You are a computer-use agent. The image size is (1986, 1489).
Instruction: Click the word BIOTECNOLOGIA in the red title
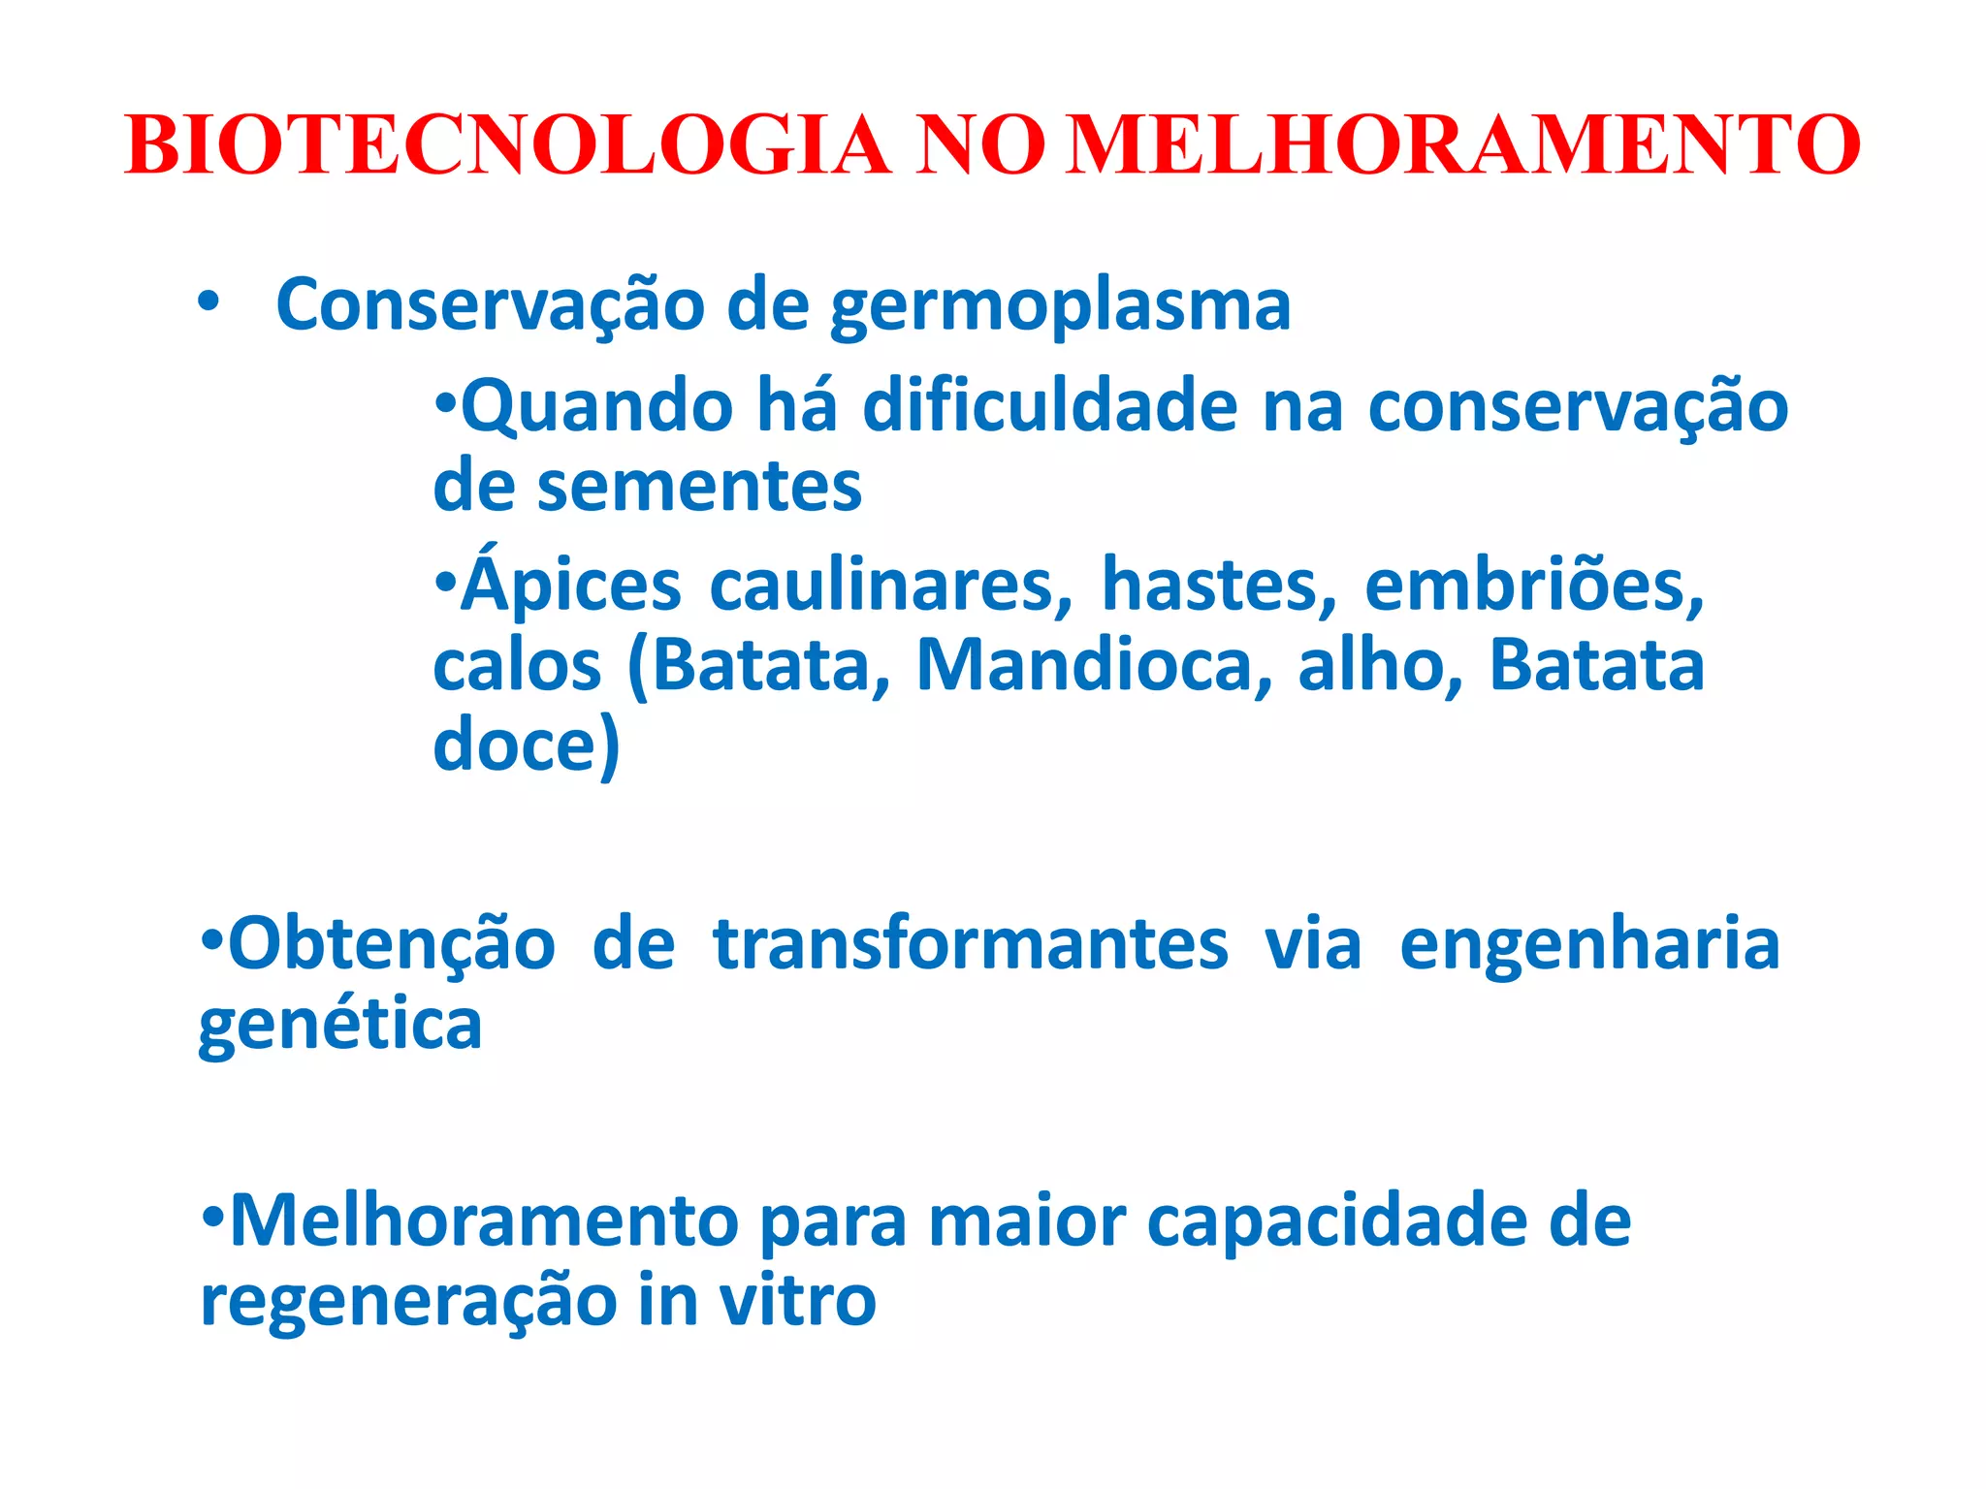point(507,145)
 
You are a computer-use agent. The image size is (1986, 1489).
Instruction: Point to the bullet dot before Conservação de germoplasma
point(208,303)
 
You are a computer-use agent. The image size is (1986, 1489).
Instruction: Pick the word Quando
point(596,406)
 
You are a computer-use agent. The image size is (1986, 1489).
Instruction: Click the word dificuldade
point(1049,406)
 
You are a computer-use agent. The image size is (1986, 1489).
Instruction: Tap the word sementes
point(699,487)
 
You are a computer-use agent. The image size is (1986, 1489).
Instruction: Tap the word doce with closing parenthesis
point(526,745)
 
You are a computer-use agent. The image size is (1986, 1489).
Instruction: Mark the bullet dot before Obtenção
point(211,939)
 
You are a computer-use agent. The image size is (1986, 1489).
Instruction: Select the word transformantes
point(970,944)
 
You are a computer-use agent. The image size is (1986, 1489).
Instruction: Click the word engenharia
point(1589,946)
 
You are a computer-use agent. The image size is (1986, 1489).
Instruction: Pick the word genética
point(340,1026)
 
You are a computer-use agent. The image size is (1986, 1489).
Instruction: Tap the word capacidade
point(1389,1221)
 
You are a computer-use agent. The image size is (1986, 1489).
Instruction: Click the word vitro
point(797,1301)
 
